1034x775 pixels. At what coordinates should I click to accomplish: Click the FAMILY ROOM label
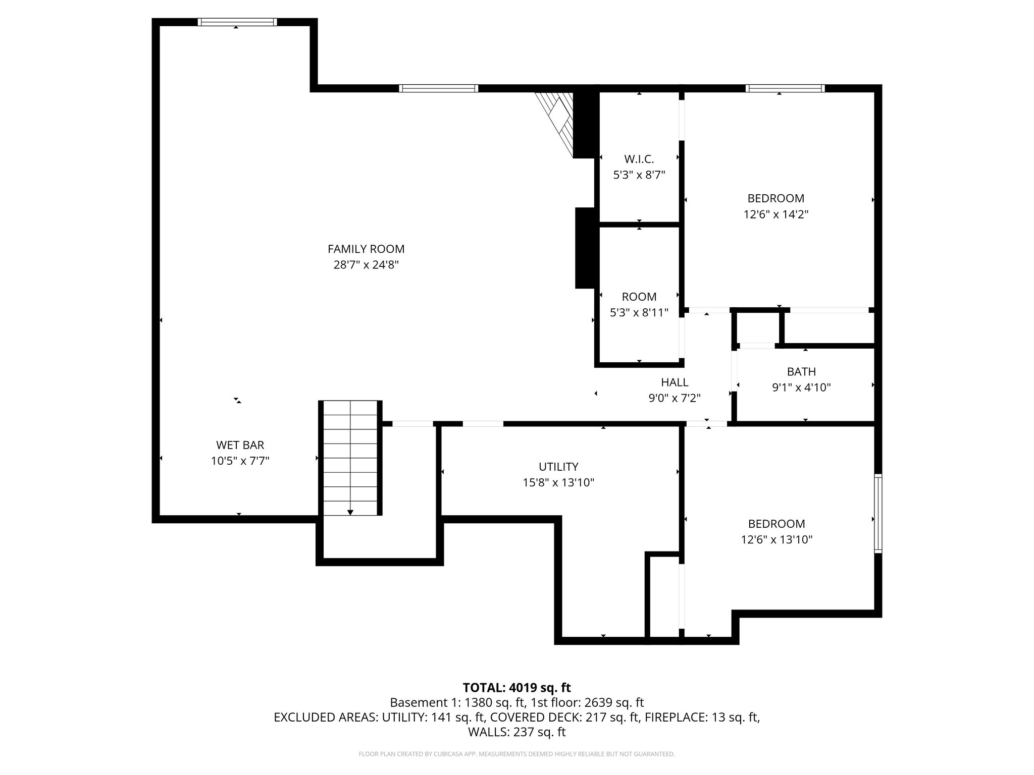coord(366,249)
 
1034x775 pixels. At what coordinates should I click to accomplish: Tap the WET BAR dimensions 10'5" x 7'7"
coord(240,461)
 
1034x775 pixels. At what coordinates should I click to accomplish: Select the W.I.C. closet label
coord(639,159)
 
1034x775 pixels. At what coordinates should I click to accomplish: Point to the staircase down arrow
coord(350,512)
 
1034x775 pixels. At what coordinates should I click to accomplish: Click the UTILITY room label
coord(558,467)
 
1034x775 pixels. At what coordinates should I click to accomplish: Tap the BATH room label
coord(801,372)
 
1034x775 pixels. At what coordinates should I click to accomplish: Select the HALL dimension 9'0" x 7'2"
coord(675,398)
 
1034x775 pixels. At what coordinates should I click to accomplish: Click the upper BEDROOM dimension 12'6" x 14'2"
coord(776,214)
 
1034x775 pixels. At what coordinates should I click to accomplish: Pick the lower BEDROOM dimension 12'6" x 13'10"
coord(776,540)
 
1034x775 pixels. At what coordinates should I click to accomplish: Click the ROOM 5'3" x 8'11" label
coord(639,297)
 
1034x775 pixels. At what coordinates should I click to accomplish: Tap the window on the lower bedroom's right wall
coord(878,514)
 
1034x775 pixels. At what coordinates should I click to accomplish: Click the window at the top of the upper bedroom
coord(785,88)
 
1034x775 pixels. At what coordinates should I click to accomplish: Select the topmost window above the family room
coord(237,22)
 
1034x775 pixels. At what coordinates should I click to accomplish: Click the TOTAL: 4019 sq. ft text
coord(516,688)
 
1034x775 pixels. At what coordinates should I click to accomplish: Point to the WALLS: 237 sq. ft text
coord(516,732)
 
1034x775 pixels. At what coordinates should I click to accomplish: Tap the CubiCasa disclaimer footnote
coord(516,754)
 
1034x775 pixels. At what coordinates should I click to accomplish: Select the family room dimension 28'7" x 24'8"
coord(366,265)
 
